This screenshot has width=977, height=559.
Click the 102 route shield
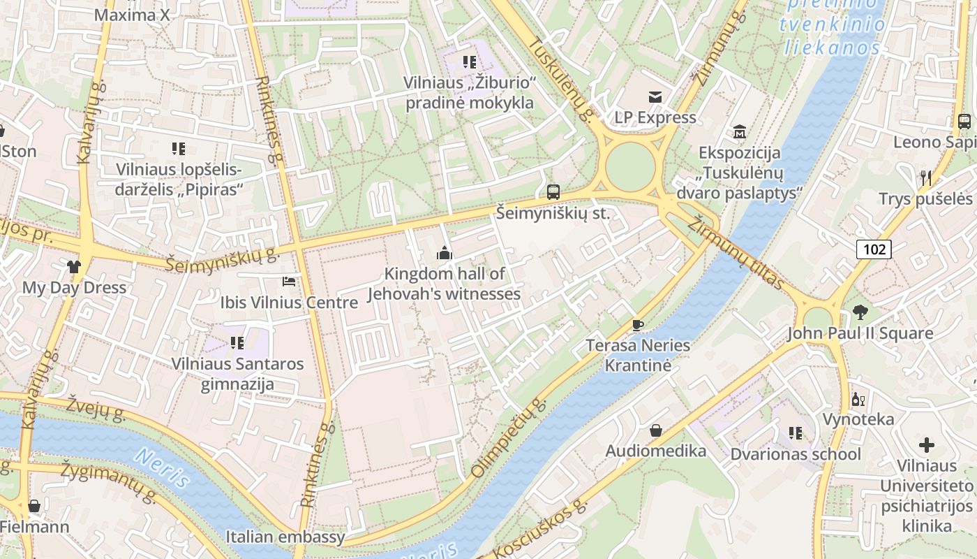point(874,249)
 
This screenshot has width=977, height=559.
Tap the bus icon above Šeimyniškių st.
point(553,191)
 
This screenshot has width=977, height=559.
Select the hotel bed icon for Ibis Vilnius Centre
point(289,282)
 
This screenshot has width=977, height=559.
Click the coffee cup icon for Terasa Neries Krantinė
point(637,324)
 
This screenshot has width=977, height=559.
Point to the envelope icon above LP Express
point(655,96)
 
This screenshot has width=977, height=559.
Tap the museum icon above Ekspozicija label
point(739,131)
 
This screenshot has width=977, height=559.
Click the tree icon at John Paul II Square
point(859,312)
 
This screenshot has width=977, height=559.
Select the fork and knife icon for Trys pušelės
point(925,177)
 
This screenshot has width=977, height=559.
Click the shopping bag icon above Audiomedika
point(655,430)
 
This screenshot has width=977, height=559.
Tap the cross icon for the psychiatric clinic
point(926,444)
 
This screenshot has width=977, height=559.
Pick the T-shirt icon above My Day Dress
point(74,266)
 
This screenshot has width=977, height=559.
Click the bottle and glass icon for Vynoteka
point(858,399)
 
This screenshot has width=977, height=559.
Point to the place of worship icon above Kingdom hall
point(444,253)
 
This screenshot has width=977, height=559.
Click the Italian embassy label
point(285,537)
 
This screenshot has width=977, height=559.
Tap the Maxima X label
point(132,15)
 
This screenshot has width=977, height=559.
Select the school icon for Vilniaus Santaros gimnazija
point(237,343)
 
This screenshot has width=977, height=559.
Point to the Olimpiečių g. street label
point(507,439)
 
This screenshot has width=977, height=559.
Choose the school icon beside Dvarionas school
point(795,433)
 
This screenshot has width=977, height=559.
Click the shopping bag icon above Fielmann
point(33,505)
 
